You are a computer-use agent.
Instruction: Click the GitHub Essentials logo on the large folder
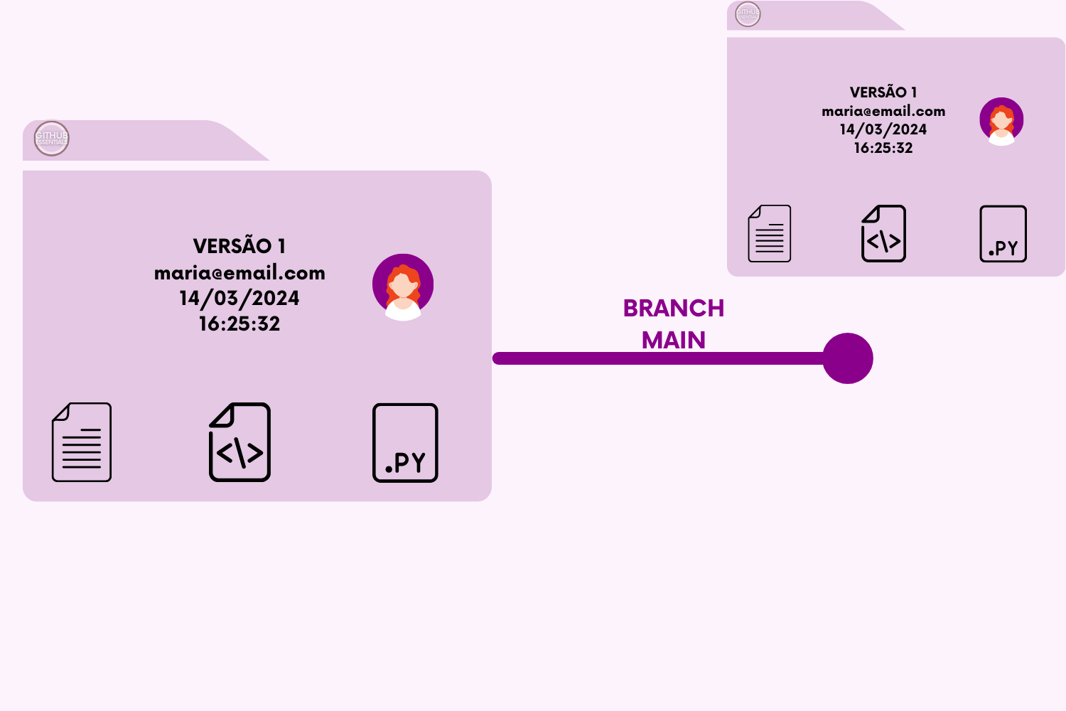coord(52,138)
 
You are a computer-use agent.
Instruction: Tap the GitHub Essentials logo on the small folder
coord(748,14)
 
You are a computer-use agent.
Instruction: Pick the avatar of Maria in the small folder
coord(1001,121)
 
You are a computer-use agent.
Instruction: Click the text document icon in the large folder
coord(82,442)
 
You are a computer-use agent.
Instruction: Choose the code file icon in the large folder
coord(239,442)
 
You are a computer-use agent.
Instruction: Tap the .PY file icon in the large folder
coord(405,443)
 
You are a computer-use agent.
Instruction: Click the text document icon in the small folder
coord(770,234)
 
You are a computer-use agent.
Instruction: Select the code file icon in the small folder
coord(883,234)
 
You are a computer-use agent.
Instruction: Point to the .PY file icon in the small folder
coord(1003,234)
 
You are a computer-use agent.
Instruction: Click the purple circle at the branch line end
coord(848,358)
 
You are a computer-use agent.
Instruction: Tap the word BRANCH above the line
coord(674,309)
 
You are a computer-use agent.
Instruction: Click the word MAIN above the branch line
coord(674,341)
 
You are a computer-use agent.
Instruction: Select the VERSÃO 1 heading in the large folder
coord(239,246)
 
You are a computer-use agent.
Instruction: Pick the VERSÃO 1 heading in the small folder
coord(883,92)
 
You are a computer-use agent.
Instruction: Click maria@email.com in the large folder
coord(239,273)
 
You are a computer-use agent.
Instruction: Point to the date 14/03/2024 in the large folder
coord(239,299)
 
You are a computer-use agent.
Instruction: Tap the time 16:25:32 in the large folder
coord(239,324)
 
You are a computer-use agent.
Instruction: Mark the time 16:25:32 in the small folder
coord(883,148)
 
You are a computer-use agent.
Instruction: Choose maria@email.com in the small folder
coord(883,111)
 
